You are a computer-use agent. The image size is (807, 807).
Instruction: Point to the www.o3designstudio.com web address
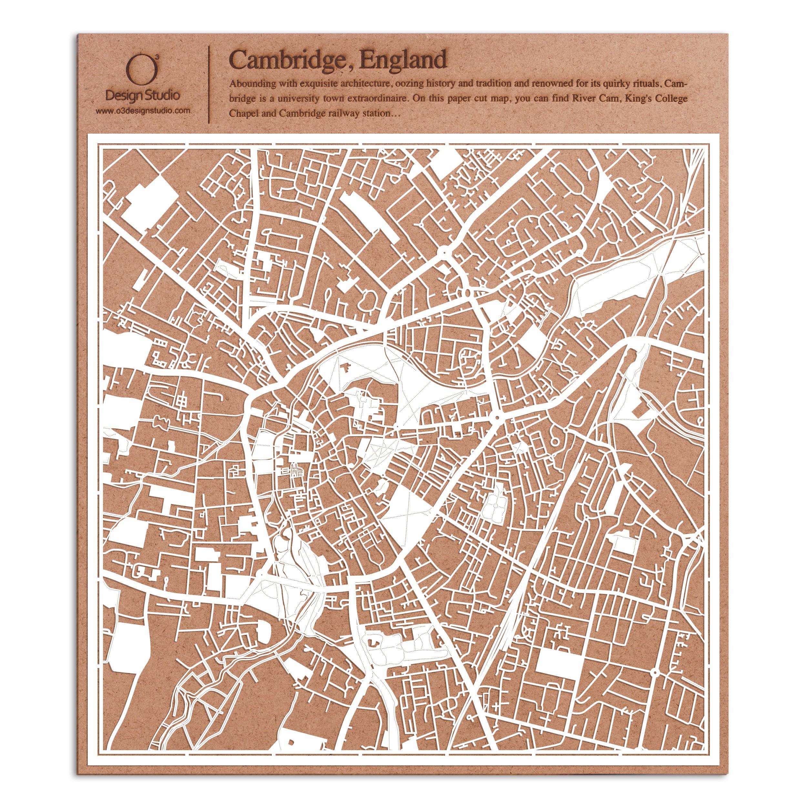point(143,111)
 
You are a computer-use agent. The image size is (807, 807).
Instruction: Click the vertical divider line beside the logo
point(209,84)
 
